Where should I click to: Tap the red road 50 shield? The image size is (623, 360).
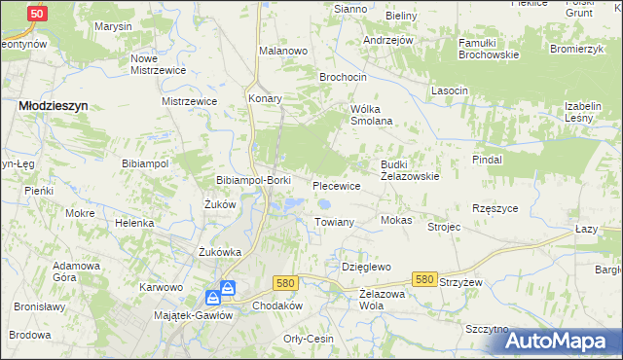pos(36,14)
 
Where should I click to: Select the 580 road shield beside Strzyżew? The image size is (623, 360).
pos(422,278)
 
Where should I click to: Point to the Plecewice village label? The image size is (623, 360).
pos(337,185)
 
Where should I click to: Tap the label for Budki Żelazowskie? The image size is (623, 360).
pos(410,170)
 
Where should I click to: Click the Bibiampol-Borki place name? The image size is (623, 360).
pos(253,181)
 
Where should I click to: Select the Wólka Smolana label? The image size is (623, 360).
pos(371,115)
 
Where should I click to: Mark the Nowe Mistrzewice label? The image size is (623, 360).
pos(158,64)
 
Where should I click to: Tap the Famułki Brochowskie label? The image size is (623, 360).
pos(478,49)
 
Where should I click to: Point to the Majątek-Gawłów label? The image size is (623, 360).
pos(193,315)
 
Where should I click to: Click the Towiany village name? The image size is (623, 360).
pos(334,222)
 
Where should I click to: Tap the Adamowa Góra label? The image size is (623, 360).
pos(78,271)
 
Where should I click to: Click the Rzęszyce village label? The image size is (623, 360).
pos(495,208)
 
